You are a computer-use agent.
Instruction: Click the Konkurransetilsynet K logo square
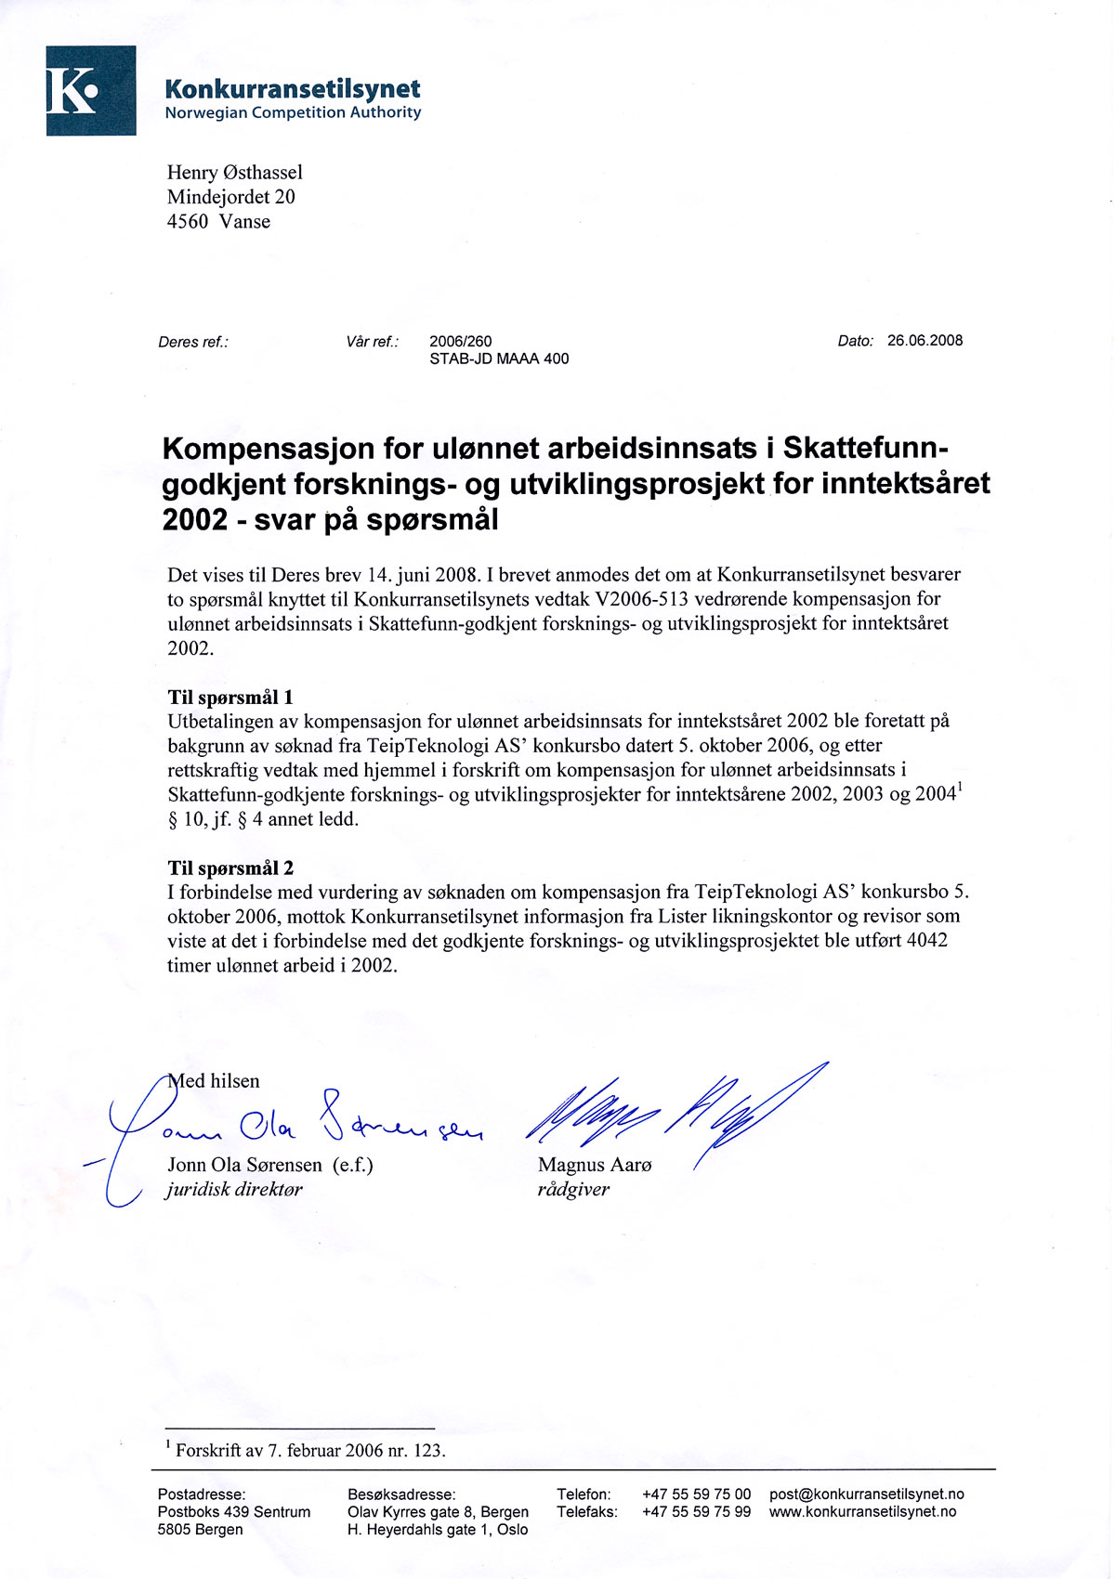(91, 91)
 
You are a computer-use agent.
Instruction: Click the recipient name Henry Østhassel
(234, 173)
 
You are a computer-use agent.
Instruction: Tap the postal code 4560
(188, 222)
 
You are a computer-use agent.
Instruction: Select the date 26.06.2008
(925, 341)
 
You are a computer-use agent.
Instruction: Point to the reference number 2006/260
(460, 342)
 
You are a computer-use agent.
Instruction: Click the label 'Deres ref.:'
(193, 342)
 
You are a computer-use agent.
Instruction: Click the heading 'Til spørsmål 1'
(230, 698)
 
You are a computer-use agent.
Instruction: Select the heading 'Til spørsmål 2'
(230, 868)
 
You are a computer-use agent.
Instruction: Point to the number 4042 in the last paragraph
(926, 941)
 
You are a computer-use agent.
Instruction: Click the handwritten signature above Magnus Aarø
(669, 1110)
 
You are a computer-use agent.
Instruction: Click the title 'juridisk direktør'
(234, 1190)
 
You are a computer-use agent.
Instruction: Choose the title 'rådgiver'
(573, 1190)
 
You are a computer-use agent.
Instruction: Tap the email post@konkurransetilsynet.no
(866, 1494)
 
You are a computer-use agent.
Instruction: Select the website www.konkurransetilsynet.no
(862, 1512)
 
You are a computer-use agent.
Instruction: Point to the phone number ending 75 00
(696, 1494)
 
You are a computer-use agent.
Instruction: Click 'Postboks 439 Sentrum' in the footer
(234, 1512)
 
